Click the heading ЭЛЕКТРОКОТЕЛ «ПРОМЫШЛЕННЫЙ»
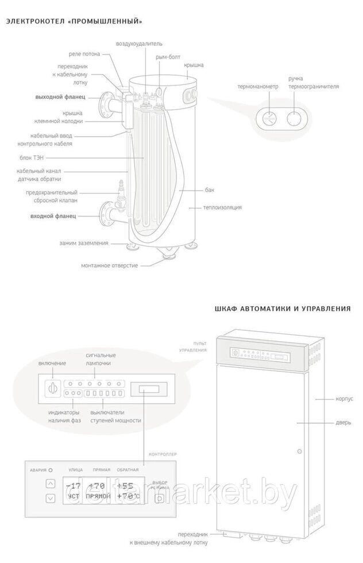74,22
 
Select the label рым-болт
166,57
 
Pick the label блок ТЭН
59,157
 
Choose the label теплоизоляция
222,207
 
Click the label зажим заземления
84,243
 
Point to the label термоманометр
258,87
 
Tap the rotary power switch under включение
52,387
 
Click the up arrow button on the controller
51,484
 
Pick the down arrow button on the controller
51,498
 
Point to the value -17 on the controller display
74,486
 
